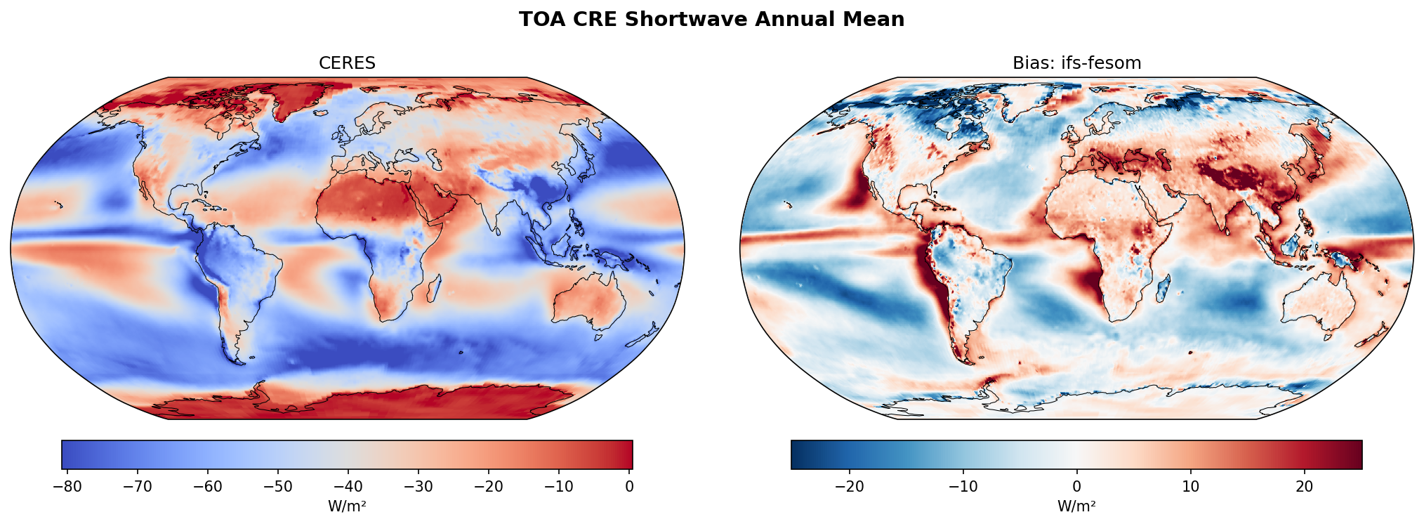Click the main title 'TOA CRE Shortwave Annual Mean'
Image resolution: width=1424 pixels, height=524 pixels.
(x=711, y=20)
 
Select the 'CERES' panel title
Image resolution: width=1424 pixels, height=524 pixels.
(x=347, y=63)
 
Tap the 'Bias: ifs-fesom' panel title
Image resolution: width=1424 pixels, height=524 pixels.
(x=1076, y=63)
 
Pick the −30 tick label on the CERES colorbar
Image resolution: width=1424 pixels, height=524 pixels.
(x=418, y=487)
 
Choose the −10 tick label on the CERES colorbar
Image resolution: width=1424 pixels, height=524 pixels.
(x=559, y=487)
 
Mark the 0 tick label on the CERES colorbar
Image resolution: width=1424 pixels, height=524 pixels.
(x=629, y=487)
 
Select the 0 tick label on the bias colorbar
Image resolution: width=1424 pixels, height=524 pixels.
(x=1076, y=487)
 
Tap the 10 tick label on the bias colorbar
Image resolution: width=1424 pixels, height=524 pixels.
(x=1190, y=487)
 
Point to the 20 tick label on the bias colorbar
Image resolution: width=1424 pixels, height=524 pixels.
(x=1304, y=487)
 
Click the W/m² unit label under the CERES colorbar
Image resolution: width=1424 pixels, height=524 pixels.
(x=347, y=506)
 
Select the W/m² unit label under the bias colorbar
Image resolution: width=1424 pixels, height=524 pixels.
(x=1076, y=506)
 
